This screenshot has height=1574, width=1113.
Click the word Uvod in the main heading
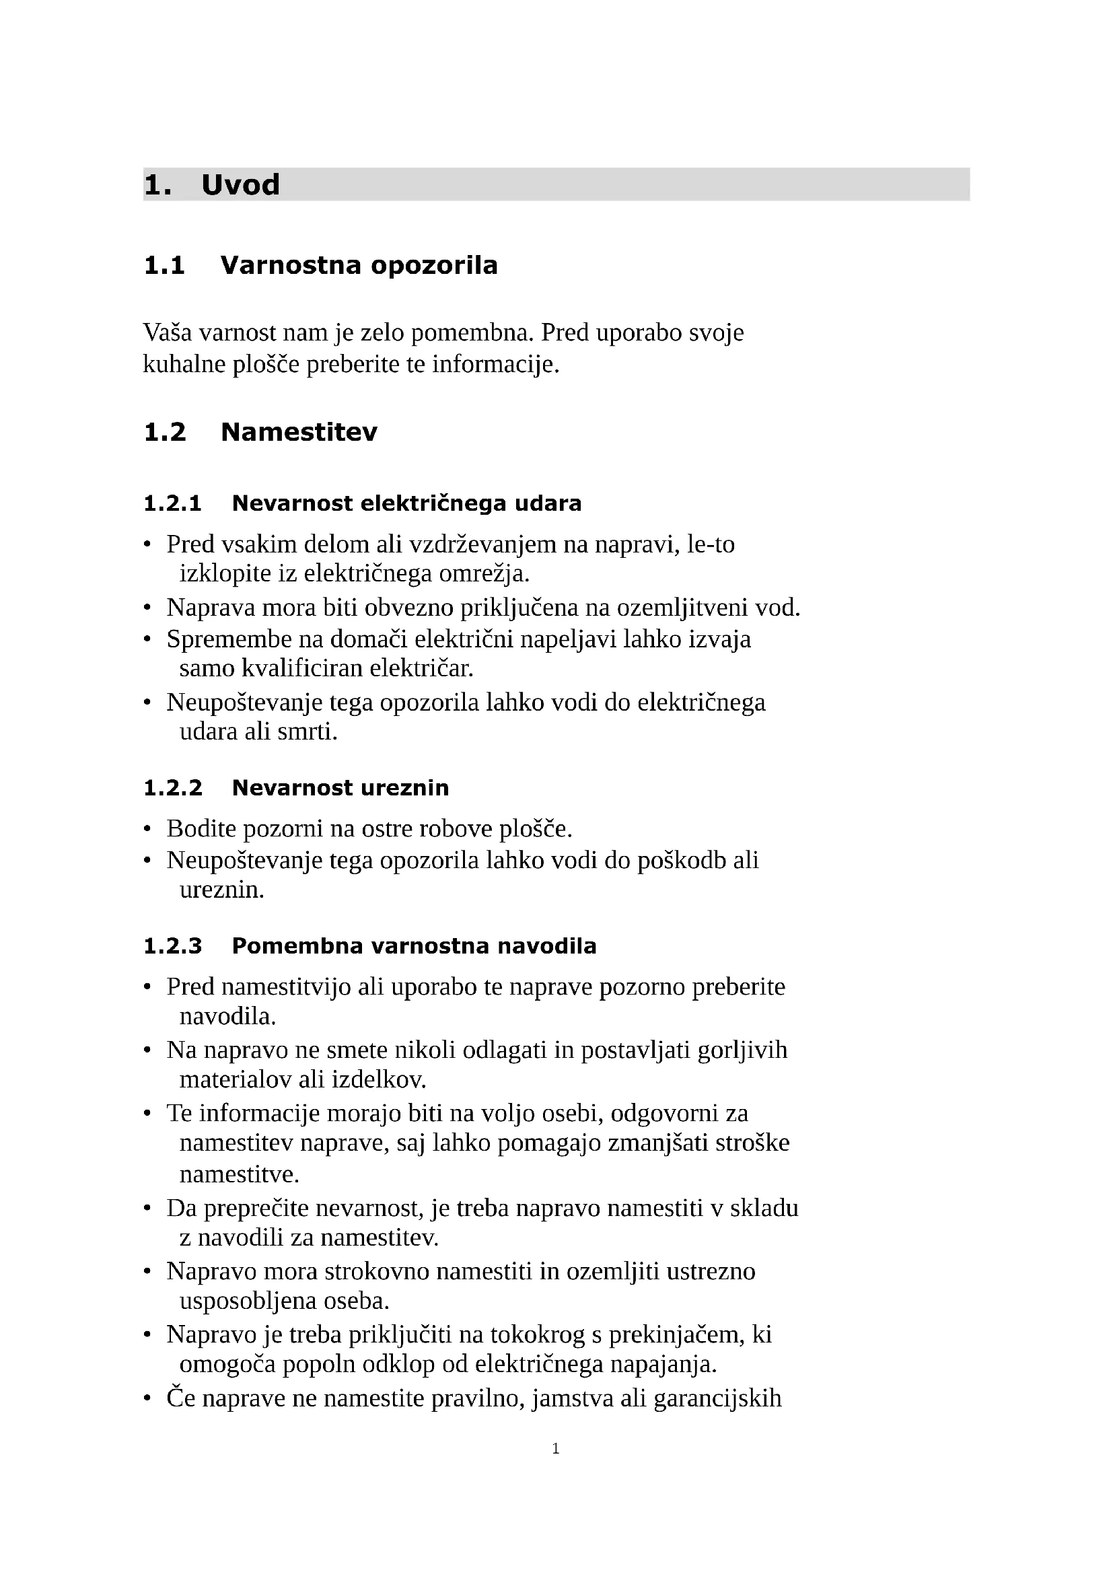point(240,185)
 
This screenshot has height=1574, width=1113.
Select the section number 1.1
point(164,265)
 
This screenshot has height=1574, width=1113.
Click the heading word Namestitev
point(299,432)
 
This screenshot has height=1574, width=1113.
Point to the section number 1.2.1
point(173,503)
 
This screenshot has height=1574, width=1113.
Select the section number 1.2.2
point(173,788)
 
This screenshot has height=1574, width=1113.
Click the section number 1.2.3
point(173,946)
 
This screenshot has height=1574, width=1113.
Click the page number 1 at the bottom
point(556,1449)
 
